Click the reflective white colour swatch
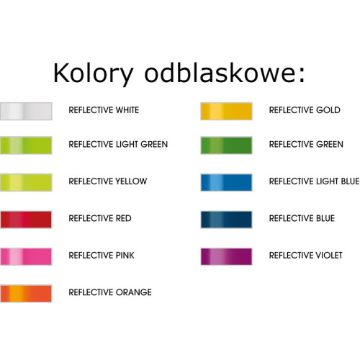coord(26,110)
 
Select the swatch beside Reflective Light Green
coord(26,144)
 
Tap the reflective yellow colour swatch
coord(26,181)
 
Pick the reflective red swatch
coord(26,218)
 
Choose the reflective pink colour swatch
coord(26,255)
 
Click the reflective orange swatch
coord(26,292)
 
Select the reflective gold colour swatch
coord(226,110)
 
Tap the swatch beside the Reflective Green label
coord(226,144)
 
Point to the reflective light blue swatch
coord(226,181)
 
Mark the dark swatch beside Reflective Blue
coord(226,218)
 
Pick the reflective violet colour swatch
coord(226,255)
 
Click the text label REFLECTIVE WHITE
coord(104,110)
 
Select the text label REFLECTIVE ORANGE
coord(109,292)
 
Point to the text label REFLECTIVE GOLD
coord(305,110)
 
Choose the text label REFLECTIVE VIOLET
coord(305,255)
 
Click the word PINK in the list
coord(125,255)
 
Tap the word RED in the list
coord(123,218)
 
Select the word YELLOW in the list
coord(131,181)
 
